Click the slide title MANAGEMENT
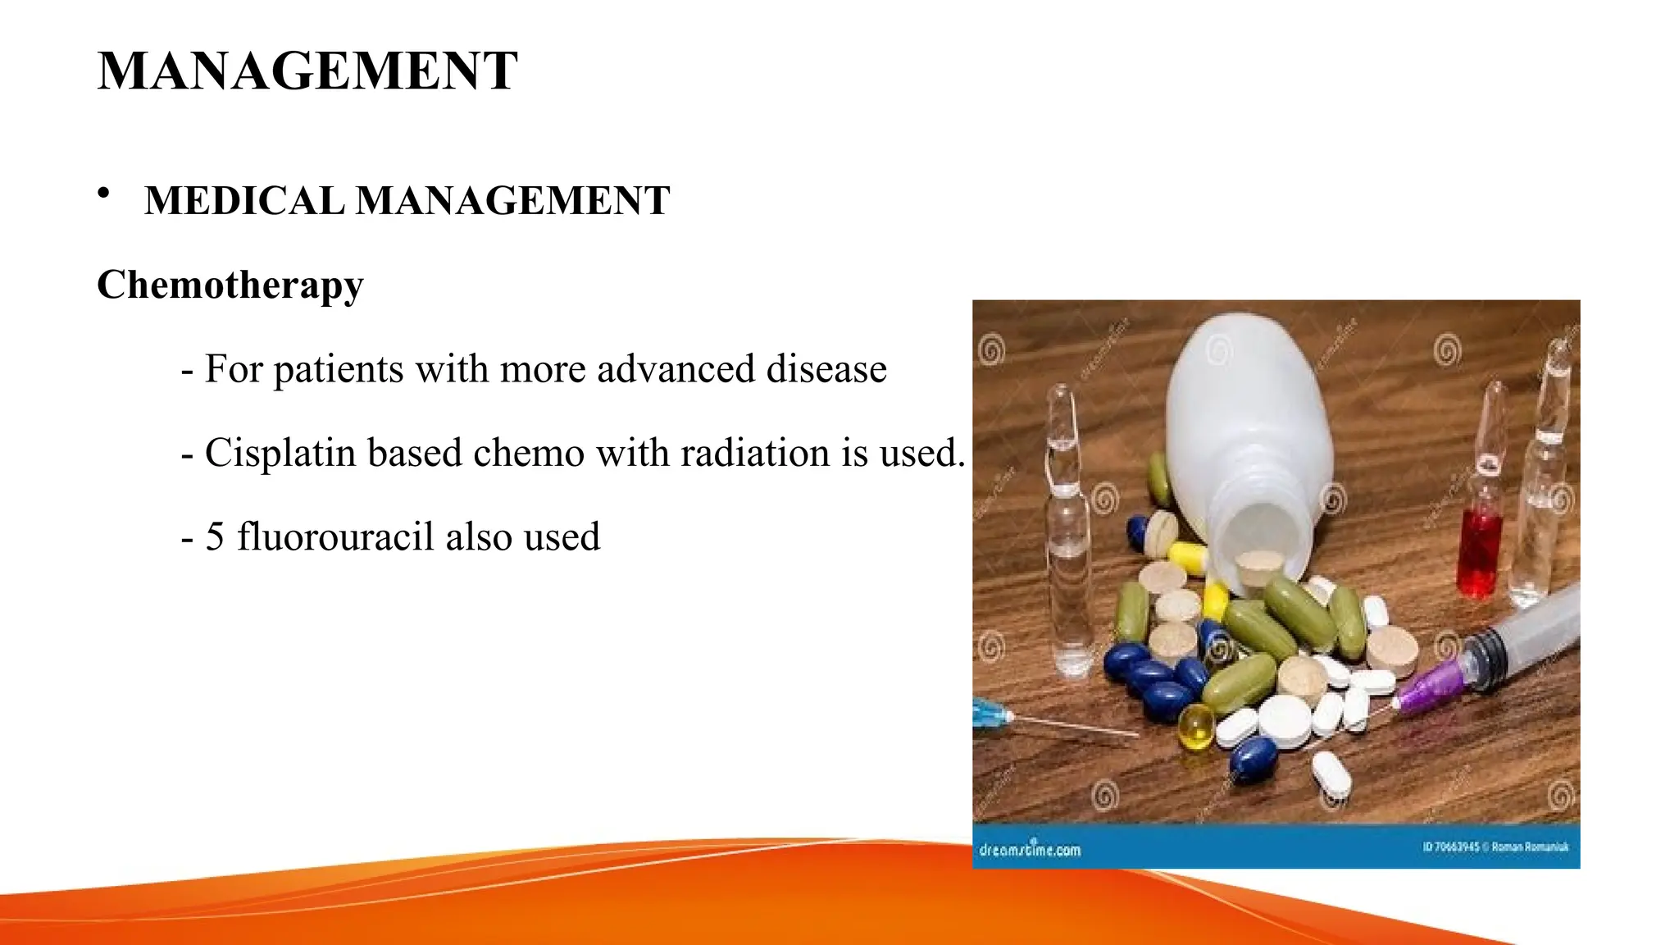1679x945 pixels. tap(307, 71)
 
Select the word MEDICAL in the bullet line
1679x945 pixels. tap(244, 201)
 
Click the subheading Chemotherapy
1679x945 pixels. tap(230, 285)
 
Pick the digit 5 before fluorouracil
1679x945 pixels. tap(215, 537)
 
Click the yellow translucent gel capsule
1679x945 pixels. tap(1196, 727)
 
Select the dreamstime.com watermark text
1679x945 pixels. tap(1031, 849)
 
